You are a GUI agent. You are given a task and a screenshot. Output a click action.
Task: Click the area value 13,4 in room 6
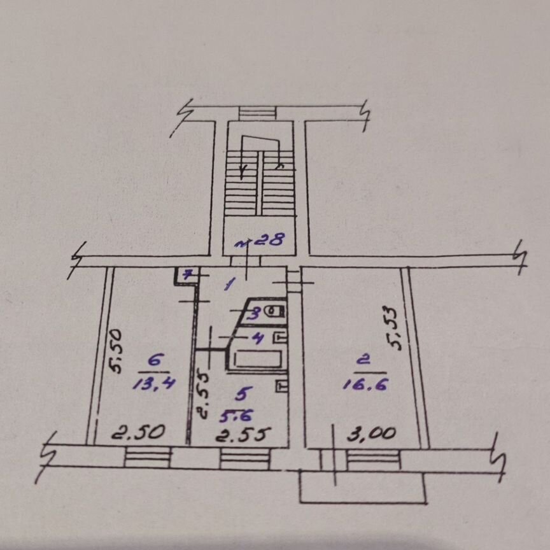pyautogui.click(x=153, y=384)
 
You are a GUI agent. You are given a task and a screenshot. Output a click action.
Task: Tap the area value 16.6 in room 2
pyautogui.click(x=365, y=384)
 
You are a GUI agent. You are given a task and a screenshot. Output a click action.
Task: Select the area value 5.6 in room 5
pyautogui.click(x=236, y=416)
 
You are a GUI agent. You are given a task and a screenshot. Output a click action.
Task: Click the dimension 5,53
pyautogui.click(x=393, y=328)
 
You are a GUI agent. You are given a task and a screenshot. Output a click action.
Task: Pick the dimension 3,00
pyautogui.click(x=372, y=434)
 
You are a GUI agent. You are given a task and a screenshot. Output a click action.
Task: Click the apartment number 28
pyautogui.click(x=269, y=240)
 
